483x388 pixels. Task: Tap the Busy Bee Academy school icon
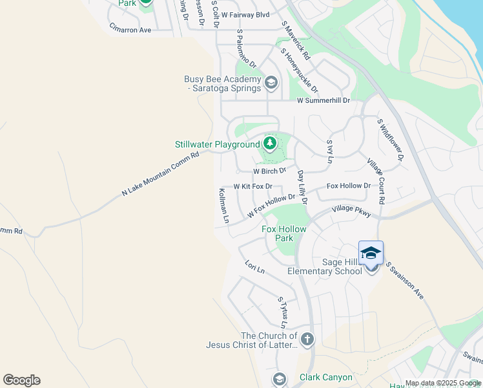[x=271, y=82]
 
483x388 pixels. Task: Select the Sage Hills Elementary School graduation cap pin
[x=371, y=253]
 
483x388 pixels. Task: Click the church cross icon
[x=307, y=339]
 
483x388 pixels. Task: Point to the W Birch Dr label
[x=269, y=171]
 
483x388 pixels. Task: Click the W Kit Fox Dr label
[x=253, y=186]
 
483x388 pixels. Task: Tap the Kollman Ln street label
[x=223, y=206]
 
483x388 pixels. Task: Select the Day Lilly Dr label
[x=302, y=188]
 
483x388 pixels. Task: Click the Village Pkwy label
[x=352, y=210]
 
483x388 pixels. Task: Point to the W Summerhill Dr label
[x=323, y=101]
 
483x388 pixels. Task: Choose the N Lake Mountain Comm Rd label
[x=160, y=174]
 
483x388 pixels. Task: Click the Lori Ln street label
[x=255, y=266]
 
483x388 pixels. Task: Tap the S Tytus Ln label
[x=282, y=312]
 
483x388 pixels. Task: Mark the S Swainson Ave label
[x=405, y=280]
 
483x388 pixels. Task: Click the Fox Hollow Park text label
[x=284, y=233]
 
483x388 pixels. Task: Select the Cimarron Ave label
[x=130, y=30]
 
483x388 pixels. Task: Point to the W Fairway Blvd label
[x=245, y=14]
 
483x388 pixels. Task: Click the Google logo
[x=21, y=380]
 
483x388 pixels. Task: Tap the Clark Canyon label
[x=326, y=377]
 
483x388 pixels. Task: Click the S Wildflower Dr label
[x=391, y=139]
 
